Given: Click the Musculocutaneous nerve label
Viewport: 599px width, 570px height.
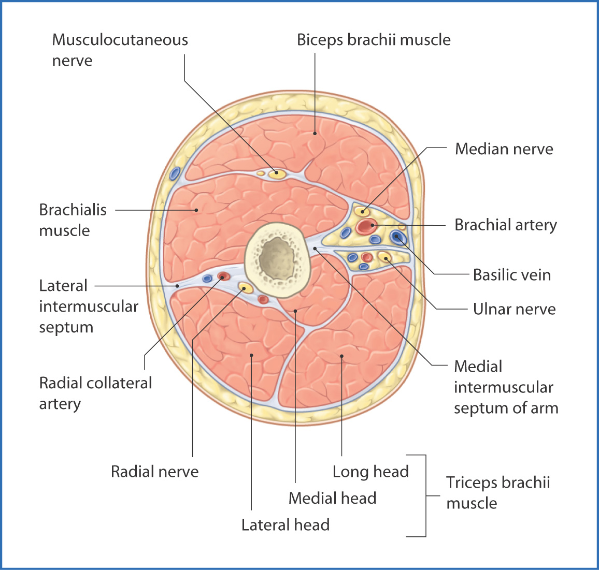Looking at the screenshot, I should click(120, 50).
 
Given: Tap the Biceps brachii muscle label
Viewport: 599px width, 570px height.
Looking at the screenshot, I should click(374, 40).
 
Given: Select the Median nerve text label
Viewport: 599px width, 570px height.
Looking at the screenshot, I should click(504, 149).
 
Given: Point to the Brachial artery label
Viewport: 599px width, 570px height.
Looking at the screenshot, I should click(505, 225).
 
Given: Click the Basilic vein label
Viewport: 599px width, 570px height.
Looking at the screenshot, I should click(511, 275).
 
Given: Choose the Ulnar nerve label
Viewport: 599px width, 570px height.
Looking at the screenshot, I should click(514, 309).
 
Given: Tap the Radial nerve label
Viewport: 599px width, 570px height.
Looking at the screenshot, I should click(154, 472).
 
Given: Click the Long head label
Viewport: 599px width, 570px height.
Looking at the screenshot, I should click(370, 472).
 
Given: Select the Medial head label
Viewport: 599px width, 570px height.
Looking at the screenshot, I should click(332, 498).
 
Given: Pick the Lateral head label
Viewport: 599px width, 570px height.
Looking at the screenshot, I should click(286, 525).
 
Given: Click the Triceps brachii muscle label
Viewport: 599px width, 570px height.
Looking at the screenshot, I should click(497, 492).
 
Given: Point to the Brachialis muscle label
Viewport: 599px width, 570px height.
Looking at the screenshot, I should click(73, 220).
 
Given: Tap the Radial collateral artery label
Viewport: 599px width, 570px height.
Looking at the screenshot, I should click(95, 393).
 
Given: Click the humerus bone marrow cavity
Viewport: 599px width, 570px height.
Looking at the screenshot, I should click(277, 256).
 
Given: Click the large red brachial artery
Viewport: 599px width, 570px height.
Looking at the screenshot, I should click(366, 226).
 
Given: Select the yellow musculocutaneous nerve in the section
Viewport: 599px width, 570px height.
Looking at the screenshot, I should click(277, 173).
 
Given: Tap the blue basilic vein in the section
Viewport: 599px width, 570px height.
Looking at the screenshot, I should click(398, 237).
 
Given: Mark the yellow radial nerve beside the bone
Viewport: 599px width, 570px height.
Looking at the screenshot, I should click(245, 287).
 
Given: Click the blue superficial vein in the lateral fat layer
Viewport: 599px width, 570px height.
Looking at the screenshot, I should click(175, 173).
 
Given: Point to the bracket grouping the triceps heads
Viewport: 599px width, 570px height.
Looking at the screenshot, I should click(425, 495).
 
